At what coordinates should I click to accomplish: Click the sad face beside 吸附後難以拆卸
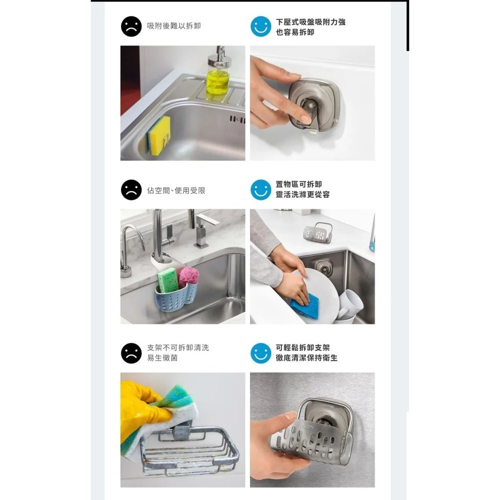pos(131,26)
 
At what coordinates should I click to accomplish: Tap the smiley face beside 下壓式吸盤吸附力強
pos(260,26)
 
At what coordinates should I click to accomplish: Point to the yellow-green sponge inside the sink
pos(159,135)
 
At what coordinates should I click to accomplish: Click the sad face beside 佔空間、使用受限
pos(131,190)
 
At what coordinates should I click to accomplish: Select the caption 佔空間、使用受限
pos(176,190)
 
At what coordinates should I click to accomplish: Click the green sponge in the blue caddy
pos(167,280)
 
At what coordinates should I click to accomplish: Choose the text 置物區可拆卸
pos(298,184)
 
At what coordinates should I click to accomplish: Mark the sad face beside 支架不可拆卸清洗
pos(131,353)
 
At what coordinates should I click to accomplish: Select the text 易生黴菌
pos(162,358)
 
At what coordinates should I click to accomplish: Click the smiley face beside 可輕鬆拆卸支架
pos(260,353)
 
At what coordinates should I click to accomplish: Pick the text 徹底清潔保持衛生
pos(306,358)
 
